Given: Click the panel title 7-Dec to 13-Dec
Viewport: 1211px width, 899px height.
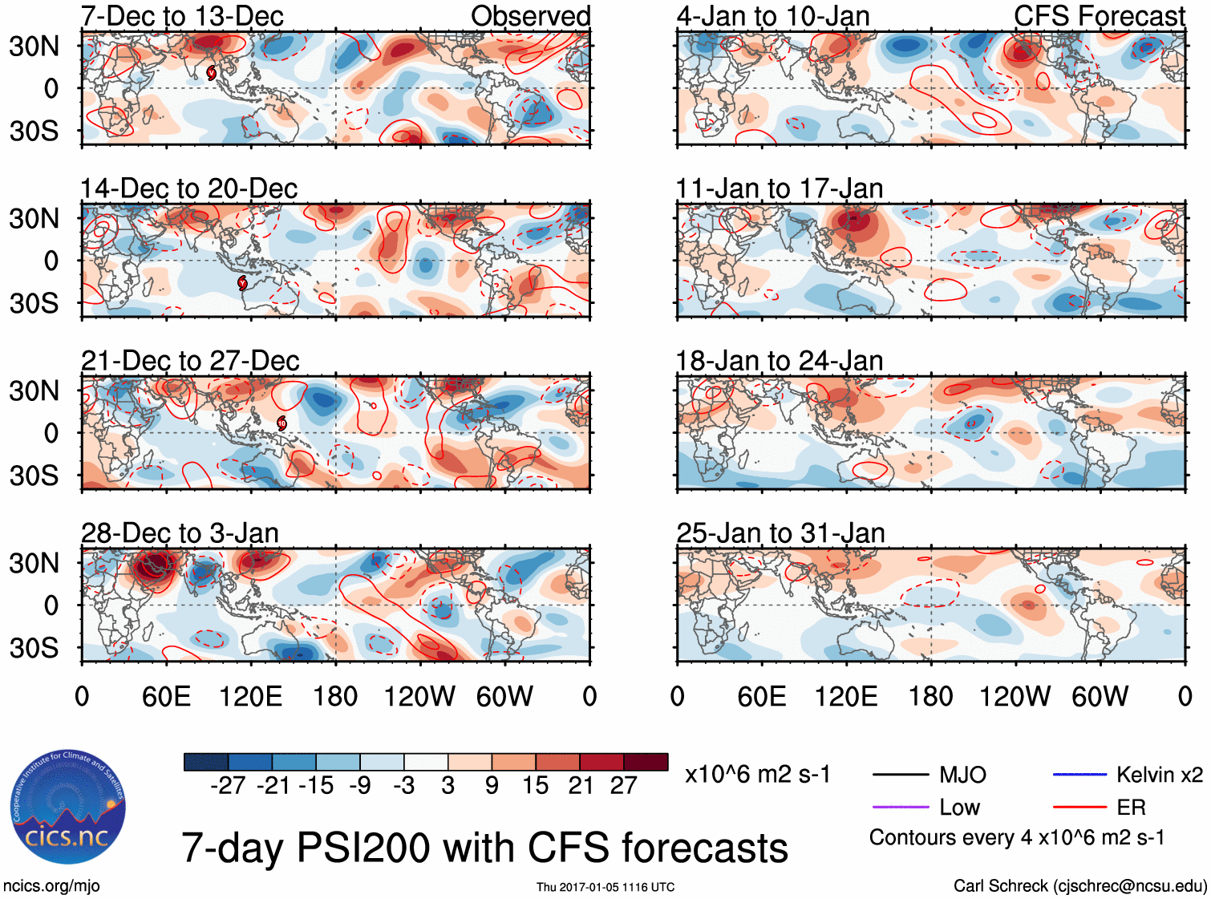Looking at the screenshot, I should pyautogui.click(x=182, y=16).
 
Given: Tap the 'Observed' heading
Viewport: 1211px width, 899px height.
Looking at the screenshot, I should pyautogui.click(x=530, y=16).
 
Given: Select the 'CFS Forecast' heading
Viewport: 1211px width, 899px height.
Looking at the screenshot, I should pyautogui.click(x=1099, y=16).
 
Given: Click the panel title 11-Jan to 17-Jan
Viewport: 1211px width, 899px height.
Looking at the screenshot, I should pyautogui.click(x=779, y=188).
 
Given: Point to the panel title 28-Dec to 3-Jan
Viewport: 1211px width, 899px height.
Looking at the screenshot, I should pyautogui.click(x=180, y=533).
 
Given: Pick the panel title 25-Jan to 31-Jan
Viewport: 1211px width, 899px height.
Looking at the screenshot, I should pyautogui.click(x=780, y=533).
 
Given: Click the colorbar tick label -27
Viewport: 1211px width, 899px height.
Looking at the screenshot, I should pyautogui.click(x=228, y=785).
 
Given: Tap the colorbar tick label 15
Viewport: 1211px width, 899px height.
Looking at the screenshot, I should pyautogui.click(x=536, y=785).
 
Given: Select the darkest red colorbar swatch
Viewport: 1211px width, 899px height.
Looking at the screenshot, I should pyautogui.click(x=646, y=762).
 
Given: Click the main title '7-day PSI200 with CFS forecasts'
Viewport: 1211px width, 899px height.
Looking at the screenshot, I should pyautogui.click(x=484, y=848).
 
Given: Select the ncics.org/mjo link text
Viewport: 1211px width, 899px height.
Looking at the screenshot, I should pyautogui.click(x=51, y=885).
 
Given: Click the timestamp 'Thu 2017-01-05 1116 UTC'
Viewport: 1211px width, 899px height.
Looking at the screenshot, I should pyautogui.click(x=605, y=887).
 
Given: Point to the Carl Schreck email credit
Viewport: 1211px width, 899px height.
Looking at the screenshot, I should pyautogui.click(x=1079, y=885).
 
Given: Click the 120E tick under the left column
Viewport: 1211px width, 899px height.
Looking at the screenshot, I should pyautogui.click(x=251, y=696).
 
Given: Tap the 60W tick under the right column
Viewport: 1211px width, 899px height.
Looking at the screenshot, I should pyautogui.click(x=1100, y=696).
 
